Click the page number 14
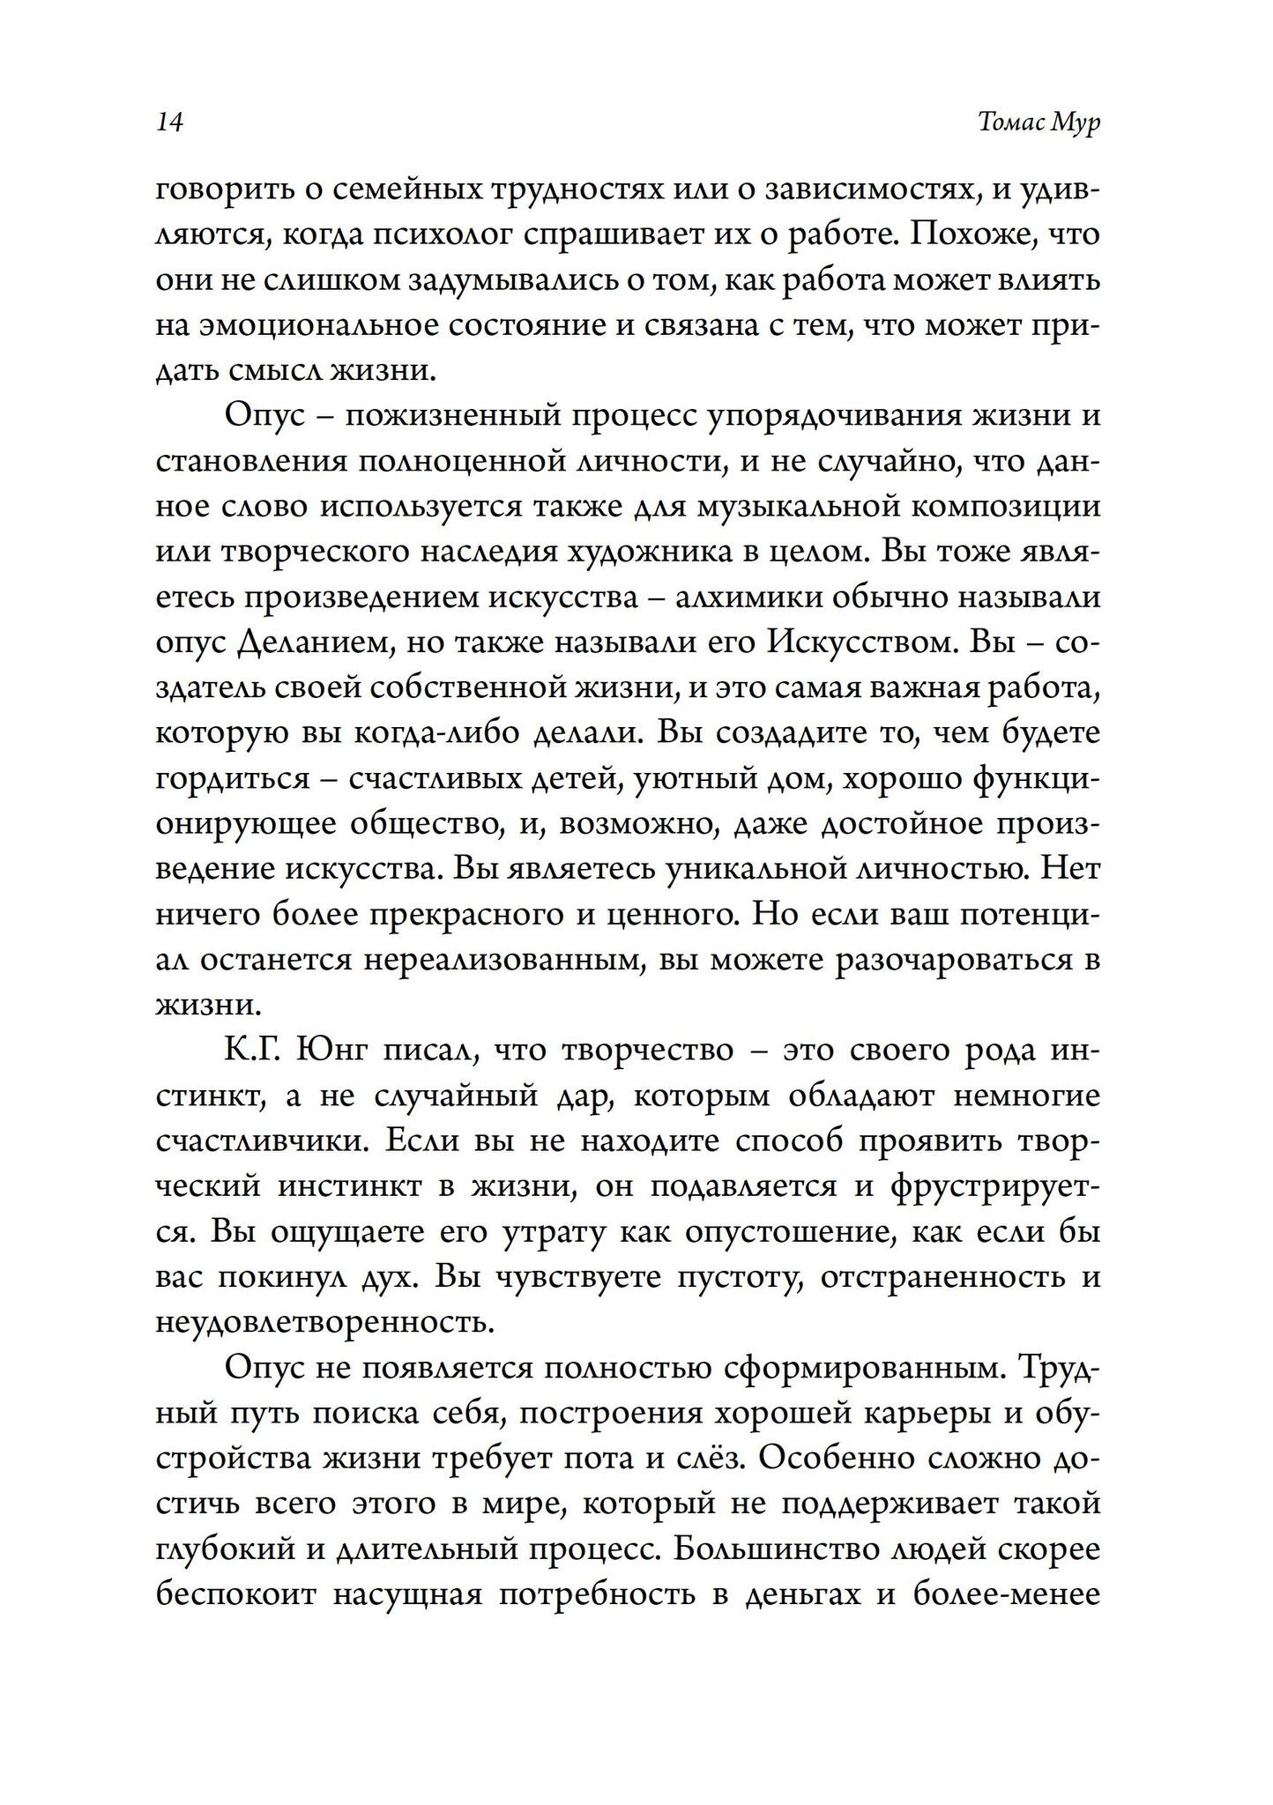coord(168,123)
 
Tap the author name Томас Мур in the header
coord(1039,123)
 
